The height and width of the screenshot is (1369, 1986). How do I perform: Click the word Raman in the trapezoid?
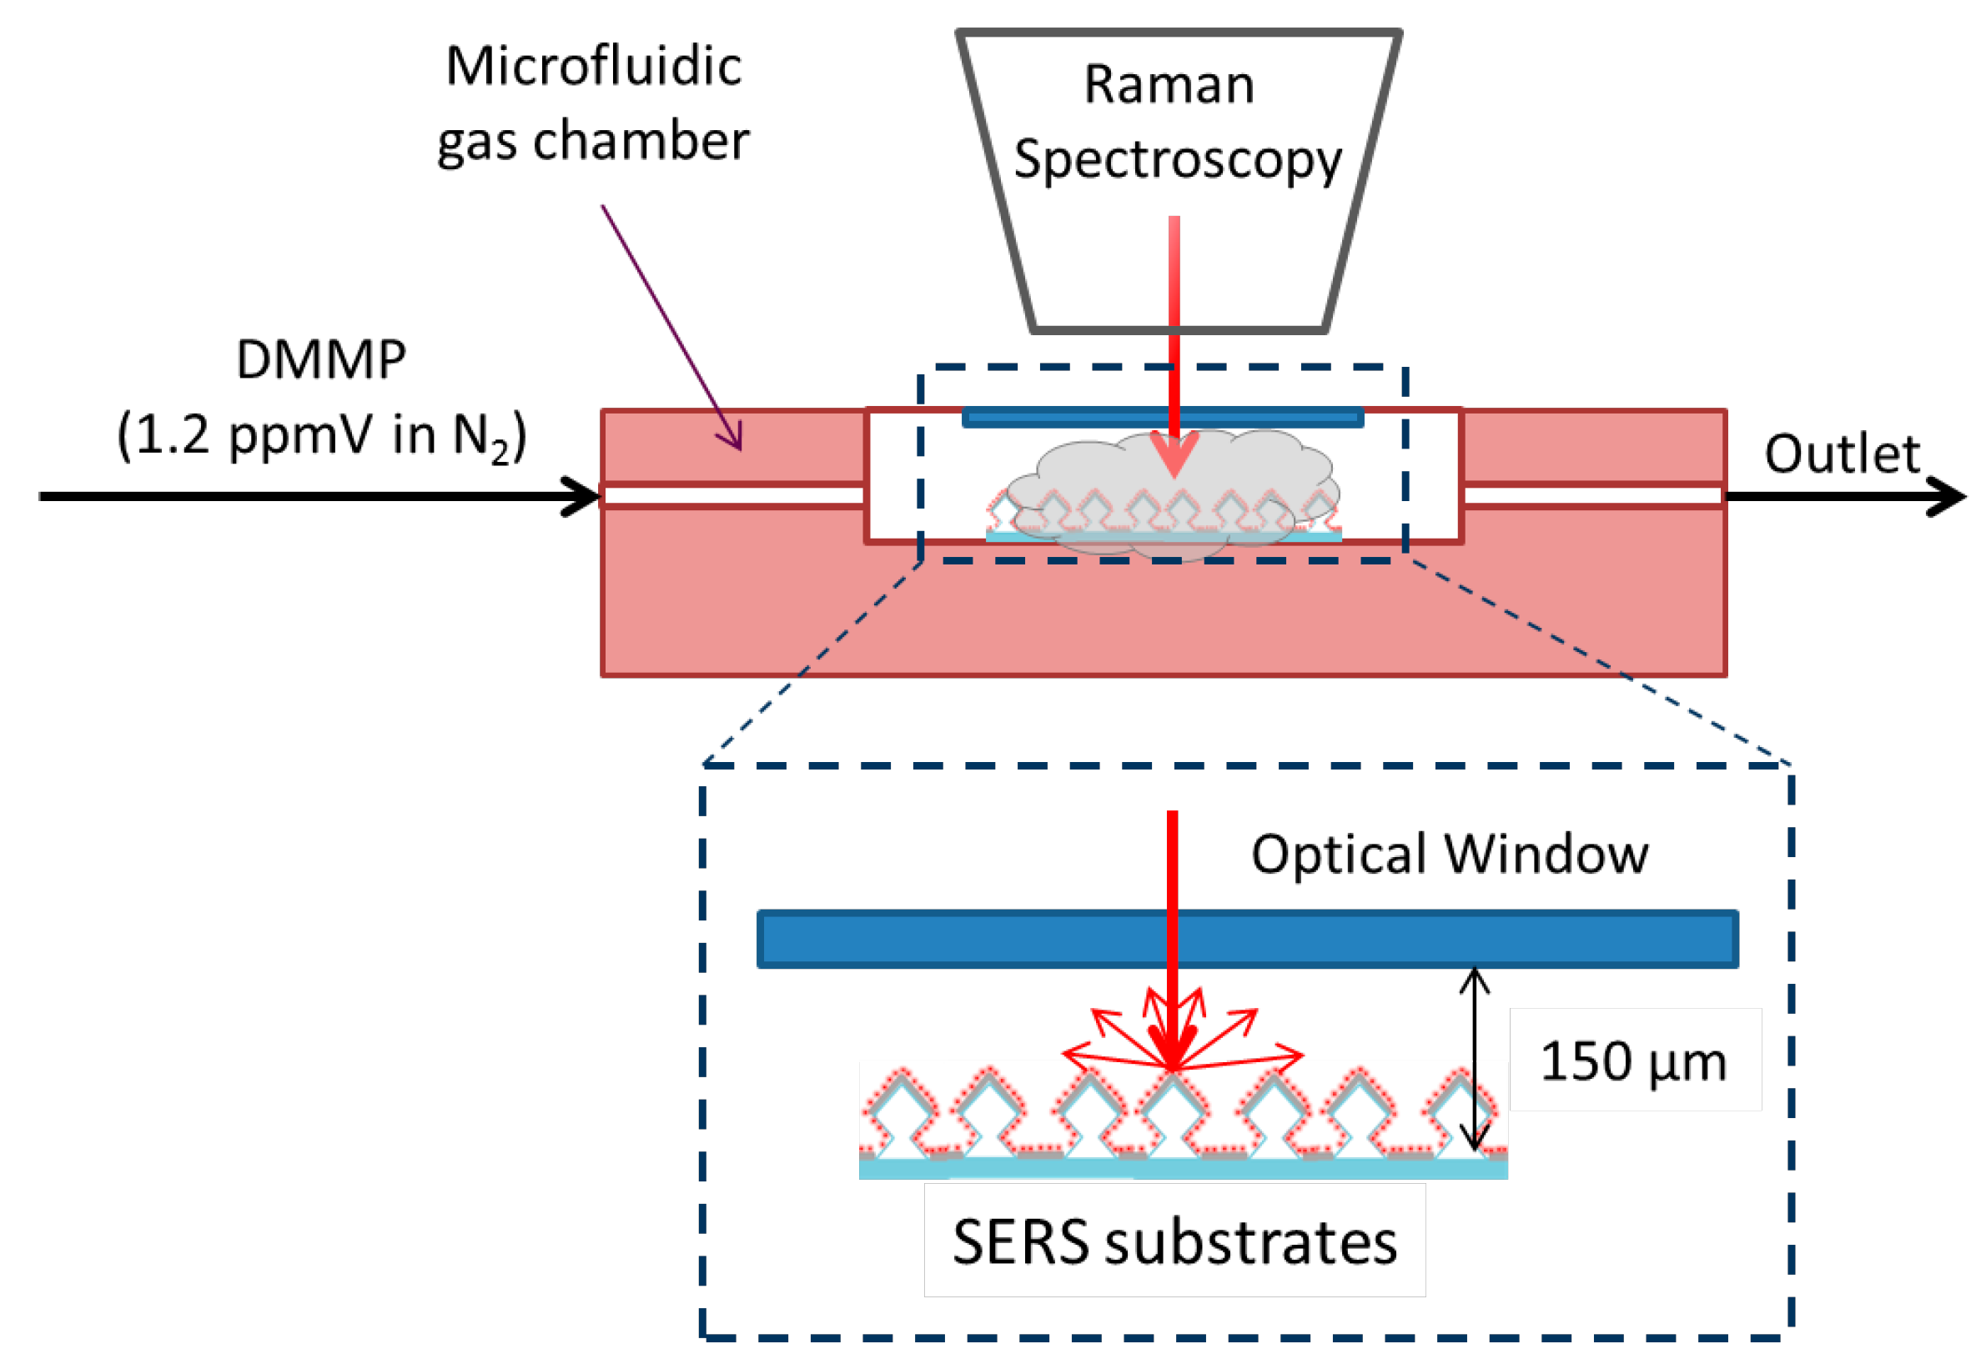point(1169,84)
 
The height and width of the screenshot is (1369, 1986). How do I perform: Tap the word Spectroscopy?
point(1178,160)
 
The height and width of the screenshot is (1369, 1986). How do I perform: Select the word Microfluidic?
point(594,66)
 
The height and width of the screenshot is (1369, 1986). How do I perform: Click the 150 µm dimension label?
point(1633,1062)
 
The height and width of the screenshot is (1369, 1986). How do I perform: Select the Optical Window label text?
point(1450,854)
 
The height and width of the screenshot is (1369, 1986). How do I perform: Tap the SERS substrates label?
point(1175,1241)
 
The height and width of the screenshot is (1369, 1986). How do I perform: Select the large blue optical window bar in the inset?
point(1247,939)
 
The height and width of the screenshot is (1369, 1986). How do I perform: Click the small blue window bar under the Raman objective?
point(1163,418)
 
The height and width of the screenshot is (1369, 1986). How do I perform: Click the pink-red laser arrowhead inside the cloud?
point(1174,454)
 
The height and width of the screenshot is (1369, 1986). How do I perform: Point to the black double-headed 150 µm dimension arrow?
point(1475,1060)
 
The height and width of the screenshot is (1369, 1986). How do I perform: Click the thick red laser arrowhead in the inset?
point(1172,1046)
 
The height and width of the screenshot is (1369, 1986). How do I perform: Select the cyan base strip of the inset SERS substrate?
point(1183,1168)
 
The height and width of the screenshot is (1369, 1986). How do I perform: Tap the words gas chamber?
point(594,142)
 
